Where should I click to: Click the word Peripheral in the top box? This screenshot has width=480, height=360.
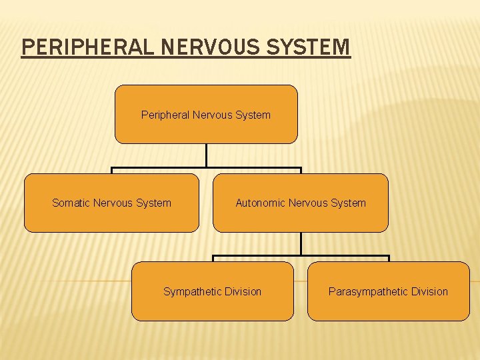pos(165,115)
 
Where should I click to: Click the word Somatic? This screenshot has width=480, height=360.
pos(71,203)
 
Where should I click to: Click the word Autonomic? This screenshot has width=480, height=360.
pos(260,203)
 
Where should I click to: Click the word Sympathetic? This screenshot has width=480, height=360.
pos(193,291)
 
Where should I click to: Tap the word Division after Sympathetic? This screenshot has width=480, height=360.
pos(243,291)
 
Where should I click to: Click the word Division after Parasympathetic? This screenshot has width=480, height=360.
pos(429,291)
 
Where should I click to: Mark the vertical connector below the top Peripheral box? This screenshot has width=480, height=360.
pos(207,155)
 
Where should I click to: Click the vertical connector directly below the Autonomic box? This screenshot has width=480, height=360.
pos(301,243)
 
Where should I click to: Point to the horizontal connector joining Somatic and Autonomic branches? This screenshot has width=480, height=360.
pos(160,168)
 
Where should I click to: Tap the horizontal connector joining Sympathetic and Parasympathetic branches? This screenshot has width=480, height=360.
pos(347,256)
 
